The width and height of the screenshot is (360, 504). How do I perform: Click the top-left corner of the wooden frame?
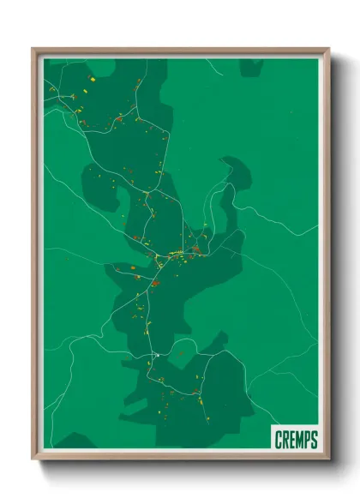pos(33,49)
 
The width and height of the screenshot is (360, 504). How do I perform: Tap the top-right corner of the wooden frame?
pos(330,49)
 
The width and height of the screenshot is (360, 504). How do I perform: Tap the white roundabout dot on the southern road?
pos(157,353)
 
